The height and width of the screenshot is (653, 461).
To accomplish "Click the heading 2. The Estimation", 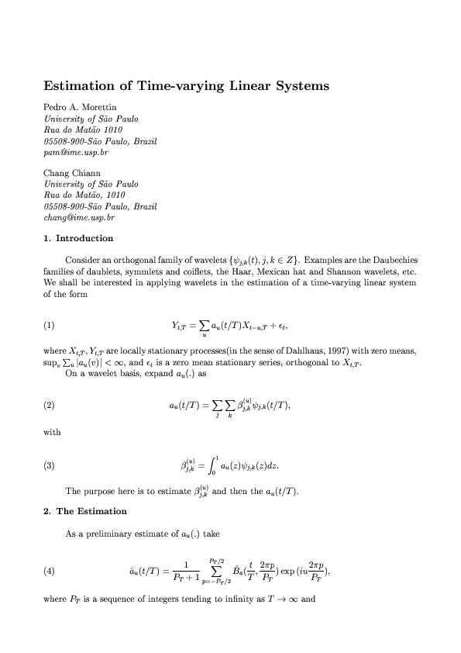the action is tap(85, 511).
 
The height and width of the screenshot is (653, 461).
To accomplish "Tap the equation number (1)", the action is tap(50, 326).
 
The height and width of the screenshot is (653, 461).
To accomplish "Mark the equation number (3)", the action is tap(50, 466).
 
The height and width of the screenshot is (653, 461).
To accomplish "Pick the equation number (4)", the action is tap(50, 572).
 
